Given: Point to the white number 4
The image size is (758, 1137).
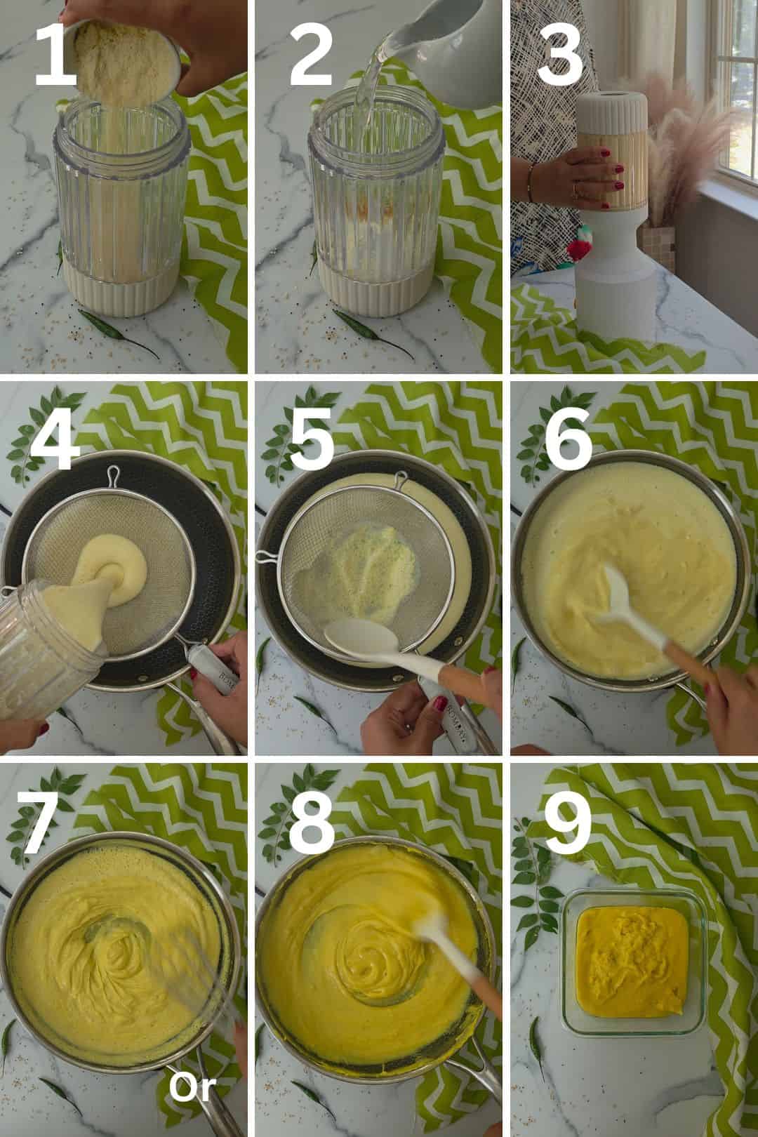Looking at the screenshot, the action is (x=55, y=439).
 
